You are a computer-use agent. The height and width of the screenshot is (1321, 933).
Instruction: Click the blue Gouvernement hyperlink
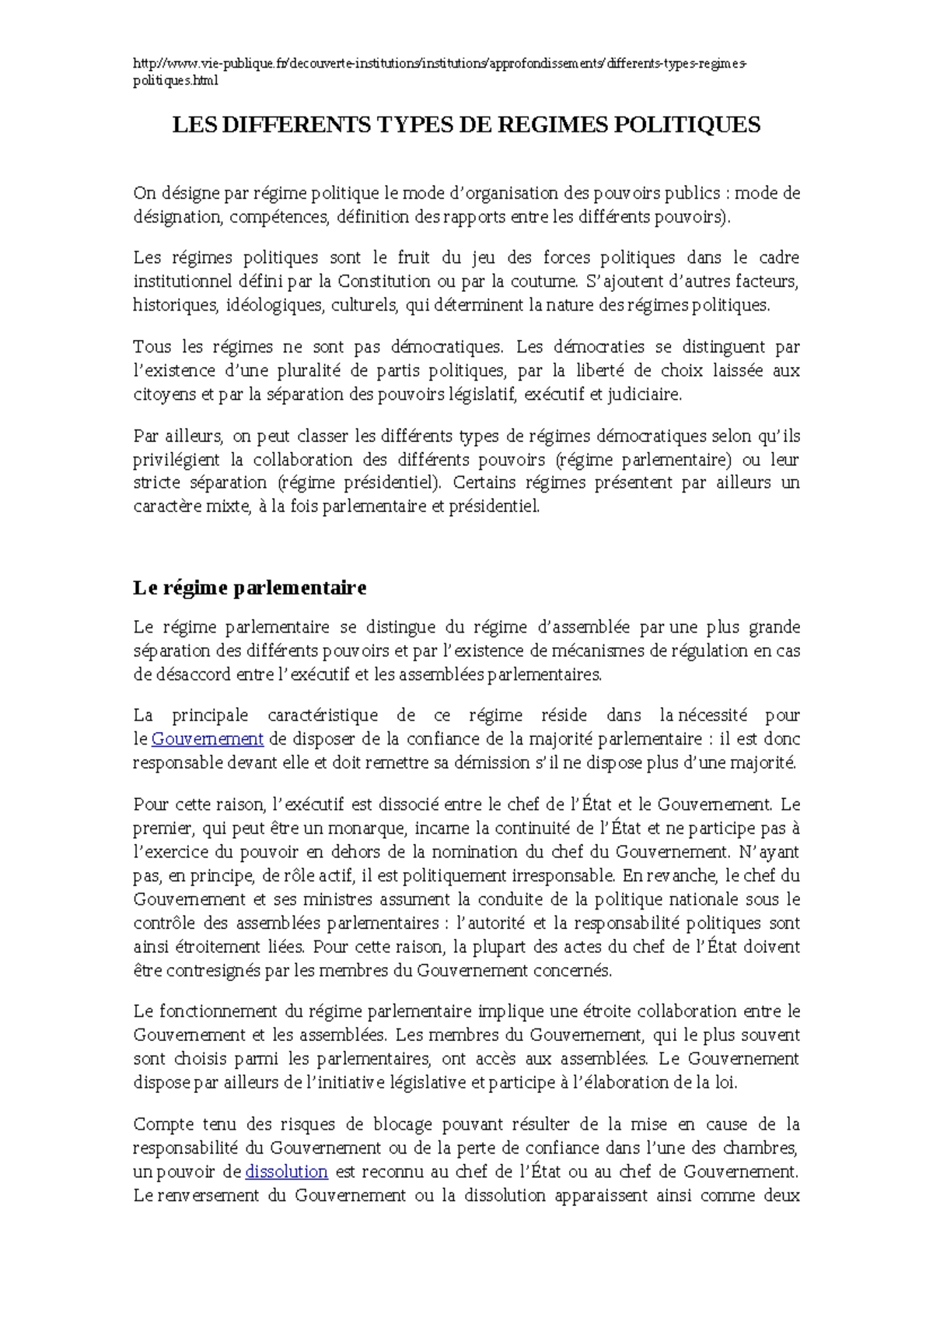208,738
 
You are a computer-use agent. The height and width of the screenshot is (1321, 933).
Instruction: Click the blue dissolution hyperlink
286,1171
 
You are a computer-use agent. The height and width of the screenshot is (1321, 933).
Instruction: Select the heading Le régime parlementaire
249,587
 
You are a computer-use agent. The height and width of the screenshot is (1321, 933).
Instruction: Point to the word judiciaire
644,394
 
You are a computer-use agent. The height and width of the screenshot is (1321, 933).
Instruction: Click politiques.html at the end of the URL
176,80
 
